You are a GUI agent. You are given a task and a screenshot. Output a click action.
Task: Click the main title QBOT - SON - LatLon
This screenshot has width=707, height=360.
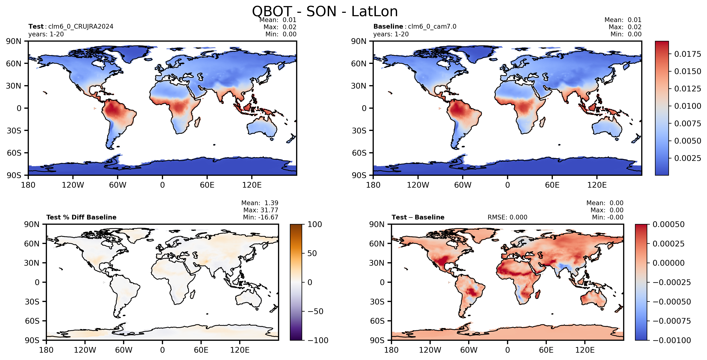click(325, 11)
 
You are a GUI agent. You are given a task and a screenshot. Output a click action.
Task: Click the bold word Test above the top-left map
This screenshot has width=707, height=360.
click(36, 26)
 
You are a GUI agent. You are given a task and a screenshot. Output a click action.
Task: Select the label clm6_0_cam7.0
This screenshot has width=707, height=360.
click(432, 26)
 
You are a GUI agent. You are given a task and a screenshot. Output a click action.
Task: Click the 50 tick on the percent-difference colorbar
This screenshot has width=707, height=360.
click(312, 253)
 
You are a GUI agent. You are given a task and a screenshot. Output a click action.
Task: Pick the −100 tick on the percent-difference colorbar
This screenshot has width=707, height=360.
click(318, 340)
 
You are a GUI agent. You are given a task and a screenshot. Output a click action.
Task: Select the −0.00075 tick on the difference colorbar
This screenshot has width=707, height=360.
click(672, 321)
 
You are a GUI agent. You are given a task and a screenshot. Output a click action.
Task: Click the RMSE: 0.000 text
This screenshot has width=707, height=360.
click(507, 217)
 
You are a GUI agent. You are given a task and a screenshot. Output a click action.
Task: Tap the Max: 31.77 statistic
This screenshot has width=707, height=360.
click(261, 210)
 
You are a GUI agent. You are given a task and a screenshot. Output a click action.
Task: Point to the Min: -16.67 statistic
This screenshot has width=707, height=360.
click(261, 217)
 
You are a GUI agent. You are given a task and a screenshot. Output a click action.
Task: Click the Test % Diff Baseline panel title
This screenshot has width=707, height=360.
click(81, 217)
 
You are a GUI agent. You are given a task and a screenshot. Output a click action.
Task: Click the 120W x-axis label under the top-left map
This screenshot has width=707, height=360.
click(73, 185)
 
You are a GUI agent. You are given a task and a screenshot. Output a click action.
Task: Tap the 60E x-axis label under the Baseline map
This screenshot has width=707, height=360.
click(552, 185)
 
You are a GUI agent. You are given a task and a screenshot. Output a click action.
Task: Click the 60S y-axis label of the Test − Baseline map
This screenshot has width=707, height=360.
click(377, 321)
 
